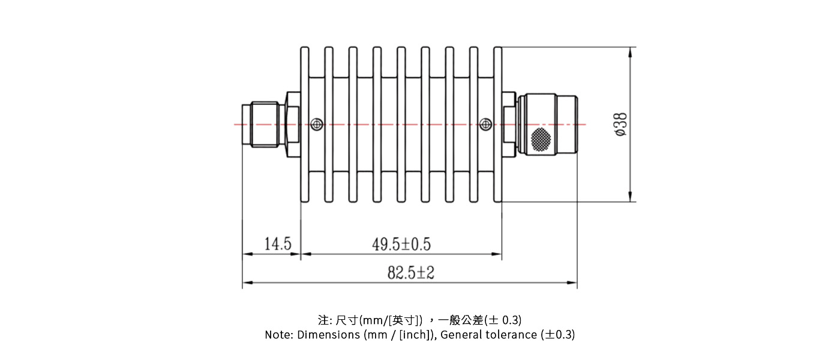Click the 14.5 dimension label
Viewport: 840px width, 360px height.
pyautogui.click(x=278, y=244)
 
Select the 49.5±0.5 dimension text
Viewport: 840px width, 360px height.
pyautogui.click(x=401, y=244)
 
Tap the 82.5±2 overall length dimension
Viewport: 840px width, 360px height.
pyautogui.click(x=410, y=273)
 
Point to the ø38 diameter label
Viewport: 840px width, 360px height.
pyautogui.click(x=621, y=124)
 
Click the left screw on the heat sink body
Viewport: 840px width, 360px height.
pyautogui.click(x=317, y=124)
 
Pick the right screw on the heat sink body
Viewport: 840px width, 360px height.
pyautogui.click(x=485, y=124)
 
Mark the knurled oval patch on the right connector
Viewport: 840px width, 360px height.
pyautogui.click(x=541, y=139)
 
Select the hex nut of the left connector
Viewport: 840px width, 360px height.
pyautogui.click(x=293, y=124)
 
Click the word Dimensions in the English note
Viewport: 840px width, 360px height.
pyautogui.click(x=329, y=335)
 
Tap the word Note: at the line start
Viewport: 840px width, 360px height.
pyautogui.click(x=280, y=335)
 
